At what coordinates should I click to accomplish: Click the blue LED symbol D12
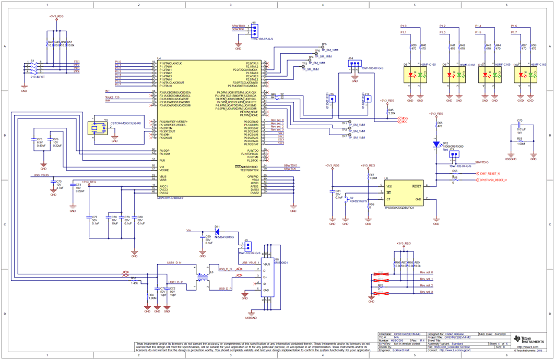pos(436,145)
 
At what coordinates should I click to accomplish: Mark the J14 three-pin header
pos(355,64)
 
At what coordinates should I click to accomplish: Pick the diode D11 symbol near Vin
pos(217,231)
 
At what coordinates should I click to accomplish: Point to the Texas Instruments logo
pos(527,340)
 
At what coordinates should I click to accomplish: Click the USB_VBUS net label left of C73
pos(41,175)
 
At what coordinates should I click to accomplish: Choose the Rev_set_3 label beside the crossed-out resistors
pos(426,292)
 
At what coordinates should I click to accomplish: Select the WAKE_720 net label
pos(112,97)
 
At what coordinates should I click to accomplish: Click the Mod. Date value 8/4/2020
pos(497,334)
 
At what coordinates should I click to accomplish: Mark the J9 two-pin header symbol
pos(247,246)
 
